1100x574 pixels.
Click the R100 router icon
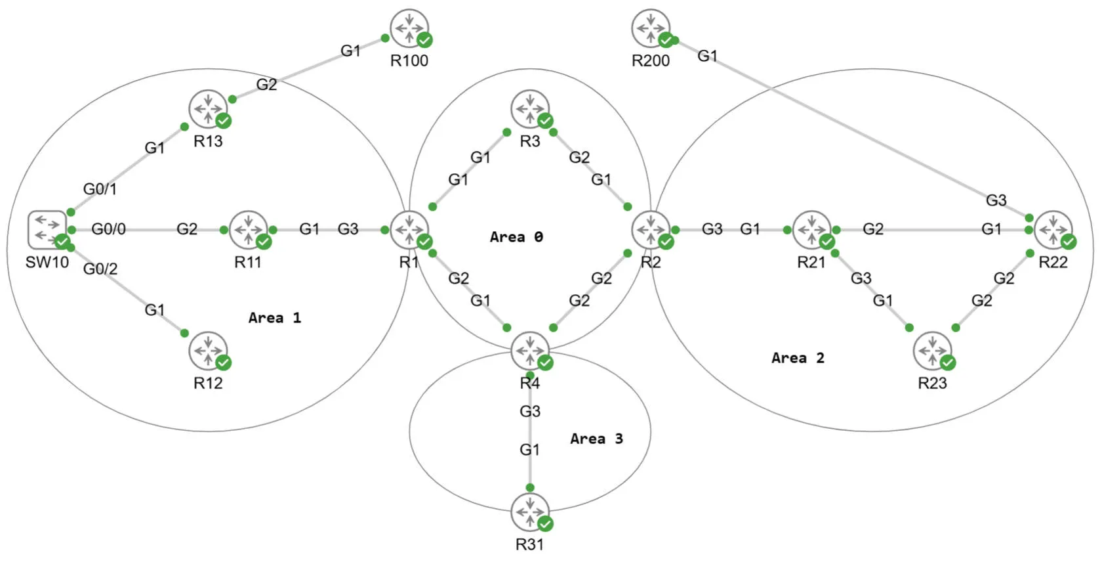click(409, 28)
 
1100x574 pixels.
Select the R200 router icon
click(651, 28)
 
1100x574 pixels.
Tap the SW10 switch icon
click(47, 230)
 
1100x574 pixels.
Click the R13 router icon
click(208, 109)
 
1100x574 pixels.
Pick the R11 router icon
click(248, 230)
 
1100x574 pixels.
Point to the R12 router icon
click(208, 351)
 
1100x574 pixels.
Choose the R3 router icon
click(530, 109)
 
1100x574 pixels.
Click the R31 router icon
click(530, 512)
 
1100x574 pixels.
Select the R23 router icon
click(932, 351)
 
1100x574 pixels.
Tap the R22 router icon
click(1053, 230)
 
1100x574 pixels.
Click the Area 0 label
click(516, 237)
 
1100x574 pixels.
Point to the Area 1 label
click(274, 318)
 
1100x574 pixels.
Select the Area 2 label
click(798, 358)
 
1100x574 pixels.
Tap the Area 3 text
click(596, 439)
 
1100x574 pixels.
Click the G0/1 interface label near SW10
click(100, 189)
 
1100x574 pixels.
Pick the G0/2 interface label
click(100, 269)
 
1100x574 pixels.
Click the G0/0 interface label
click(108, 229)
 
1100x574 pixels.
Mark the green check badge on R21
click(827, 242)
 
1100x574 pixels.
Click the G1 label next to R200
click(707, 56)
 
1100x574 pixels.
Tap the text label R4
click(530, 384)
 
